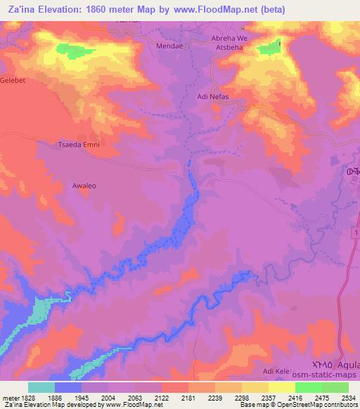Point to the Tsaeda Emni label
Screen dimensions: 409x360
click(x=78, y=145)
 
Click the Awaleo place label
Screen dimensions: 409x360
click(x=84, y=186)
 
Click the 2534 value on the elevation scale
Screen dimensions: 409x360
click(x=347, y=398)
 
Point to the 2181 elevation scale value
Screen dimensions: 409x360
click(x=187, y=398)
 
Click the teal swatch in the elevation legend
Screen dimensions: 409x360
click(x=41, y=387)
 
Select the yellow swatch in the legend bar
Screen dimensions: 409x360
click(x=281, y=387)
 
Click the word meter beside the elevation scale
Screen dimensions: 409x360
click(x=8, y=398)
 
